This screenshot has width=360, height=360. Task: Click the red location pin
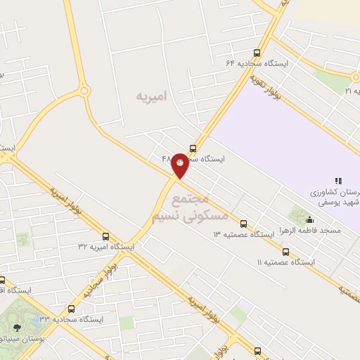[x=180, y=164]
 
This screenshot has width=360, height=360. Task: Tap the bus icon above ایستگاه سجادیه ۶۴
[x=257, y=52]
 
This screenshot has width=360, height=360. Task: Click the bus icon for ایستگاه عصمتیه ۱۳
[x=243, y=224]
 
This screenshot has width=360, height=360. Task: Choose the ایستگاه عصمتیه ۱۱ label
[x=286, y=262]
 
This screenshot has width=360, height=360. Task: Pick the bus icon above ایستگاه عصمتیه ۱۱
[x=285, y=251]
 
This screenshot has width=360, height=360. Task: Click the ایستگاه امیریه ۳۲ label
[x=106, y=247]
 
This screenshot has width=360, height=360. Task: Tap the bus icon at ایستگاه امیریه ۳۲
[x=106, y=236]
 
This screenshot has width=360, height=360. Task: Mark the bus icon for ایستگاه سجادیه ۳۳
[x=71, y=309]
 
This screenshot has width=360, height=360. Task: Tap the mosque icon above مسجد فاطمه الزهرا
[x=310, y=219]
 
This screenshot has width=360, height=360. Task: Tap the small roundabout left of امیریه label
[x=84, y=91]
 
